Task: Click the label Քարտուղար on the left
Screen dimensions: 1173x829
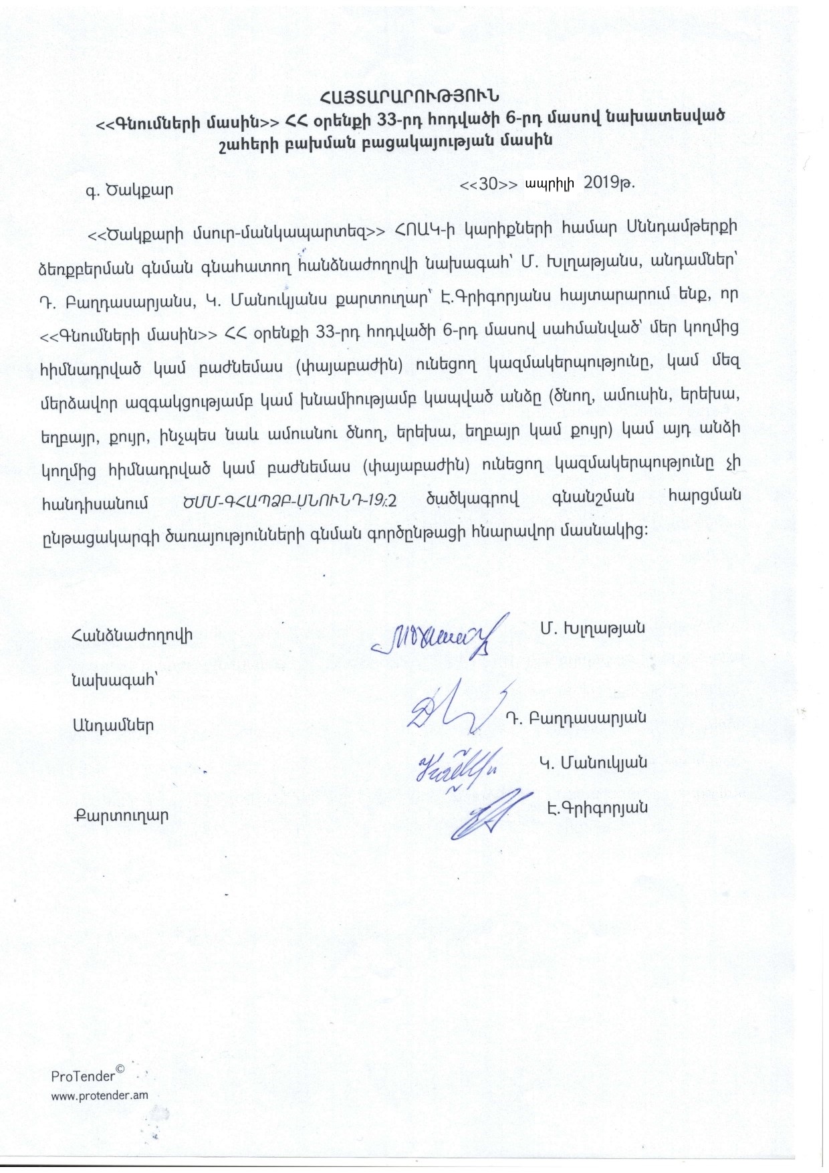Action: (120, 815)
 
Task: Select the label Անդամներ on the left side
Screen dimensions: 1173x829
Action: (113, 724)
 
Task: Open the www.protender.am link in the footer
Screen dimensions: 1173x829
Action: (100, 1095)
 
